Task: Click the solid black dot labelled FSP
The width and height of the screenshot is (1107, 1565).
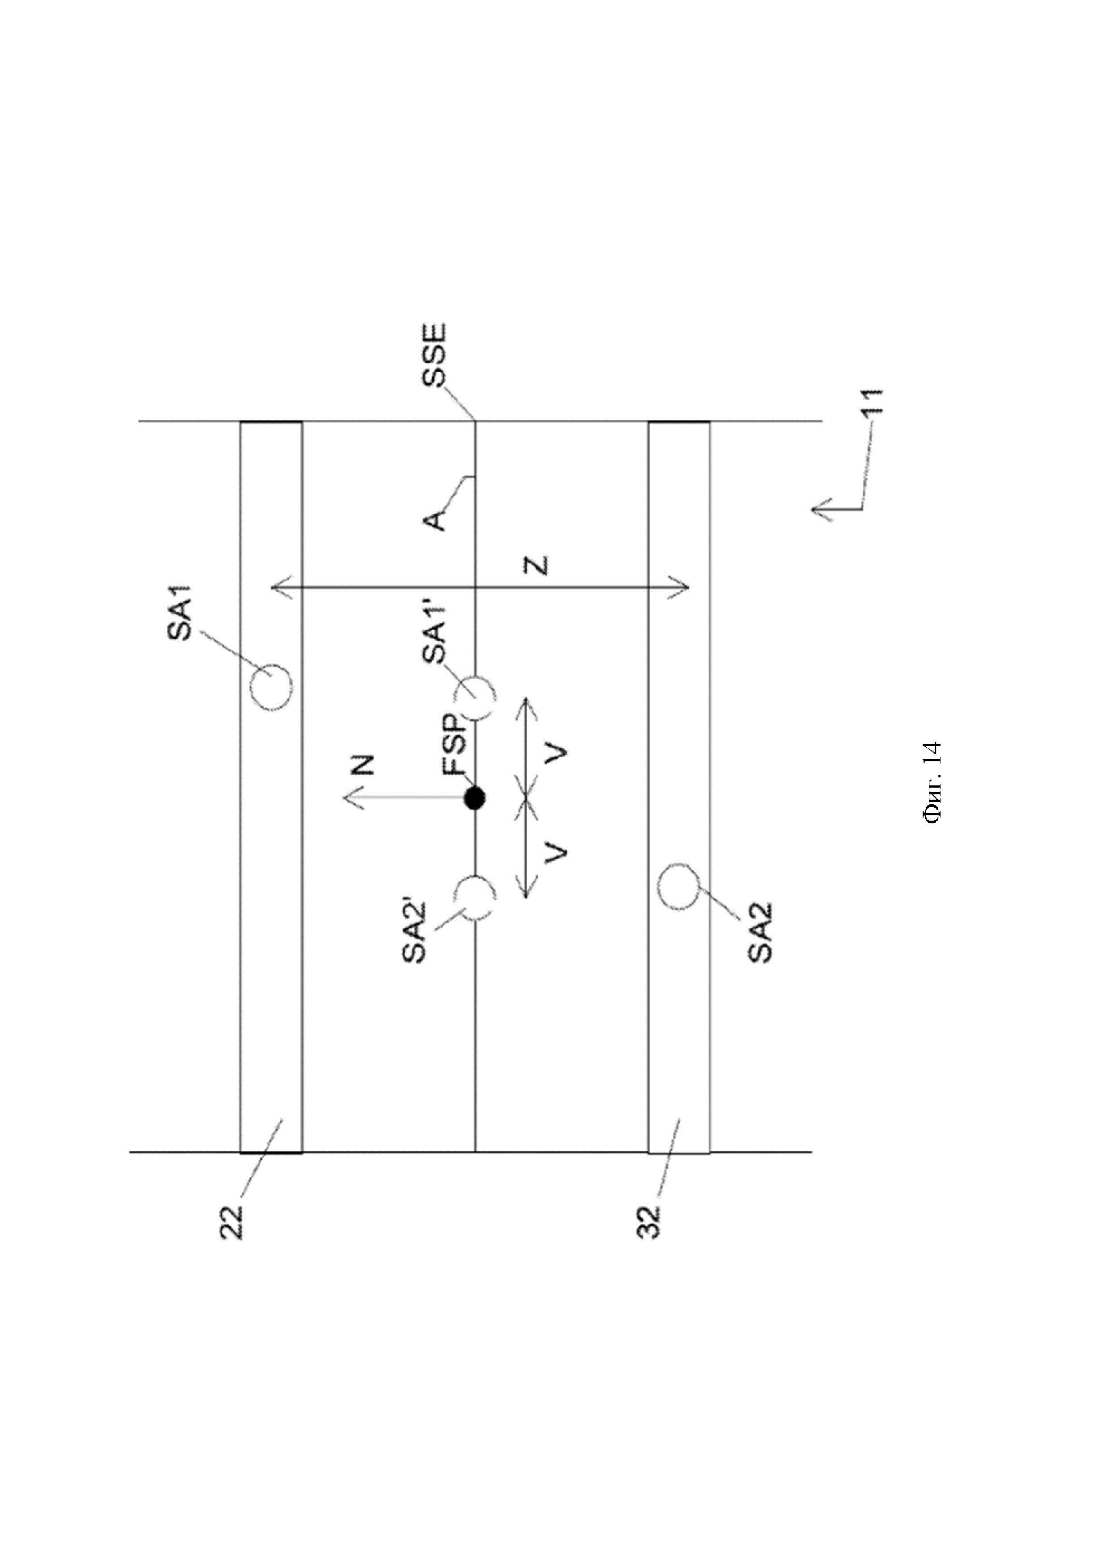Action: [x=474, y=797]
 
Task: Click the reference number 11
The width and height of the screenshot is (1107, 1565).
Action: [x=873, y=402]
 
